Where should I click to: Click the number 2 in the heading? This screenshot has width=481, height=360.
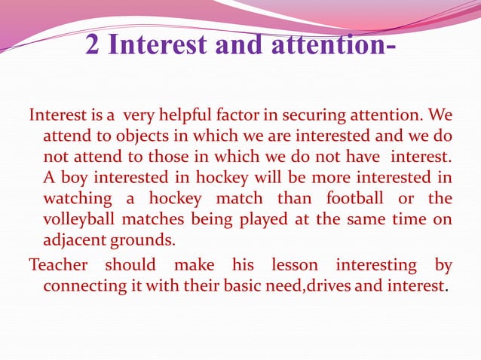(x=95, y=44)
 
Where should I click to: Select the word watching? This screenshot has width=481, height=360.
(x=74, y=199)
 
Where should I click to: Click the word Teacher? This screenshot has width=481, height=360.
(x=57, y=265)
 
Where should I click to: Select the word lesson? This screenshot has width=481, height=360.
(x=290, y=265)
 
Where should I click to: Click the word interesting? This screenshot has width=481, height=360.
(x=376, y=265)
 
